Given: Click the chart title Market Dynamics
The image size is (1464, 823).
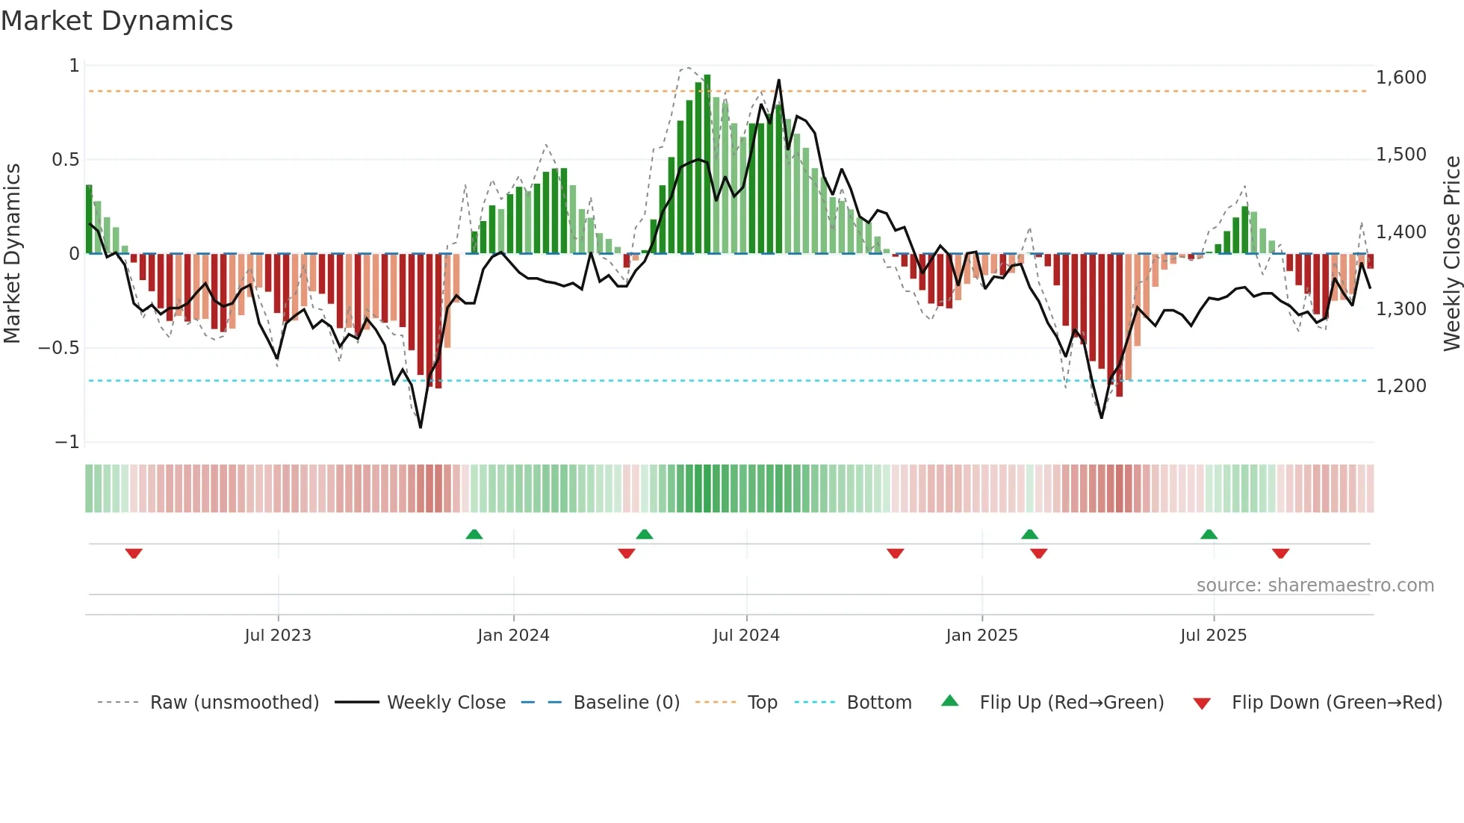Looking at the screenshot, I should pos(117,21).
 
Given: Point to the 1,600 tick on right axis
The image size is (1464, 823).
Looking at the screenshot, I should pos(1401,78).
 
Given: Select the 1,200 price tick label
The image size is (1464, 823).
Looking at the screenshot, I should pos(1401,386).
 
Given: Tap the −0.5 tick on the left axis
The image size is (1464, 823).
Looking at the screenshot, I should pos(58,348).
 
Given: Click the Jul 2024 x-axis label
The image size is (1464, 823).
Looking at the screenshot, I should pos(746,636).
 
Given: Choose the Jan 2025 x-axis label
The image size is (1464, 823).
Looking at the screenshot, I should pos(981,636).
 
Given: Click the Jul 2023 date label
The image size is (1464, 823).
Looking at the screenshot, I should pos(278,636).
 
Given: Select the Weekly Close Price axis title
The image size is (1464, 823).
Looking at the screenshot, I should pos(1451,254).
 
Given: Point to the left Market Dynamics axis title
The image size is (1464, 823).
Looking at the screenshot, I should pos(12,254).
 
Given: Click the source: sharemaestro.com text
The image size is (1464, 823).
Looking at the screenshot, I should pos(1315,586).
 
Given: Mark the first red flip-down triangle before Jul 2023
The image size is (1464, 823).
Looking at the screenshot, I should pos(134,553).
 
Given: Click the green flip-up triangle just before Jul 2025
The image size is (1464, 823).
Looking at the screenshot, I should pos(1209,534).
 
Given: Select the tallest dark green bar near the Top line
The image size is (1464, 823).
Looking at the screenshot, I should pos(707,164).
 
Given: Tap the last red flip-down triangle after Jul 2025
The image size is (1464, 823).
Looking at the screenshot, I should pos(1280,553).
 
